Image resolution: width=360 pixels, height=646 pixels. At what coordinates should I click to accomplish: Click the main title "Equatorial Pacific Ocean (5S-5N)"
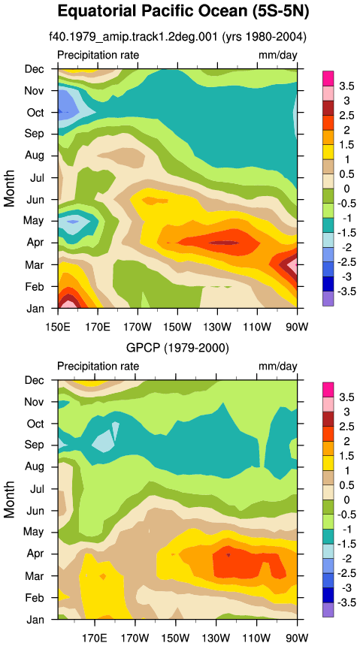pos(183,12)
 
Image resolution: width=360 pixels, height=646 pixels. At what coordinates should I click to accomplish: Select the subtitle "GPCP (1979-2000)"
pos(177,348)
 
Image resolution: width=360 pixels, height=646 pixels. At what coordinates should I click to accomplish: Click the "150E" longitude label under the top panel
pos(57,317)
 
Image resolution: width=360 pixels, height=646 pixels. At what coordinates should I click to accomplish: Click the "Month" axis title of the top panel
pos(10,188)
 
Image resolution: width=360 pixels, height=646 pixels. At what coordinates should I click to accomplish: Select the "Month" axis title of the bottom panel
pos(10,500)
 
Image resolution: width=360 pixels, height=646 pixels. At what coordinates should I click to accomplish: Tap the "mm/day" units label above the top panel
pos(277,55)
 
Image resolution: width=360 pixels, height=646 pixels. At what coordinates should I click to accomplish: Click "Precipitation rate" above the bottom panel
pos(98,366)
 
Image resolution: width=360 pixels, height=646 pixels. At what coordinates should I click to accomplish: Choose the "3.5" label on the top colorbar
pos(346,86)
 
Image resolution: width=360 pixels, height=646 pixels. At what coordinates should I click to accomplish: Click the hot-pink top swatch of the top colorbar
pos(328,78)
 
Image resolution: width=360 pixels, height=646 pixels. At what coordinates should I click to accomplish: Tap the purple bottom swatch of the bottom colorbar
pos(328,610)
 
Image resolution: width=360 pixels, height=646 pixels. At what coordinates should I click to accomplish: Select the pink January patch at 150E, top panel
pos(65,304)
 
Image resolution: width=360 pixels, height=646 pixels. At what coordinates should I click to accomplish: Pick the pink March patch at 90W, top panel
pos(292,267)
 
